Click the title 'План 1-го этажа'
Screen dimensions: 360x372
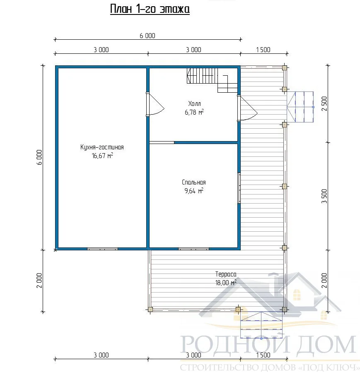pos(150,10)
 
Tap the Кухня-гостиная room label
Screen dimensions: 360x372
pos(102,147)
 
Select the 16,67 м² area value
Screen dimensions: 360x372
pos(102,156)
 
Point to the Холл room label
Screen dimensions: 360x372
pos(194,104)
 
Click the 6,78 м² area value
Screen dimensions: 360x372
pos(194,112)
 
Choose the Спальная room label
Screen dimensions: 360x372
pos(194,182)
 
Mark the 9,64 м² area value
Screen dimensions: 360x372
pos(194,190)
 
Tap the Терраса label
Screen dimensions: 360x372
pos(226,274)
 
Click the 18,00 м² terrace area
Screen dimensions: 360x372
pos(226,283)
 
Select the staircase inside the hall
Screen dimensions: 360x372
pos(212,80)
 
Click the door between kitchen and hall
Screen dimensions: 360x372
pos(155,104)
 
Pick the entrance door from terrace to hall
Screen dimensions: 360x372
pos(247,108)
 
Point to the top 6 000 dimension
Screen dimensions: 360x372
pos(147,36)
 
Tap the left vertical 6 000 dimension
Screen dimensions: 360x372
pos(39,157)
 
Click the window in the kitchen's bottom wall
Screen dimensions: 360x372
pos(102,249)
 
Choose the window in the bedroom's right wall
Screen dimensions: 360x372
pos(239,188)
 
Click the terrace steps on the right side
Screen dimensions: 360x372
pos(300,107)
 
